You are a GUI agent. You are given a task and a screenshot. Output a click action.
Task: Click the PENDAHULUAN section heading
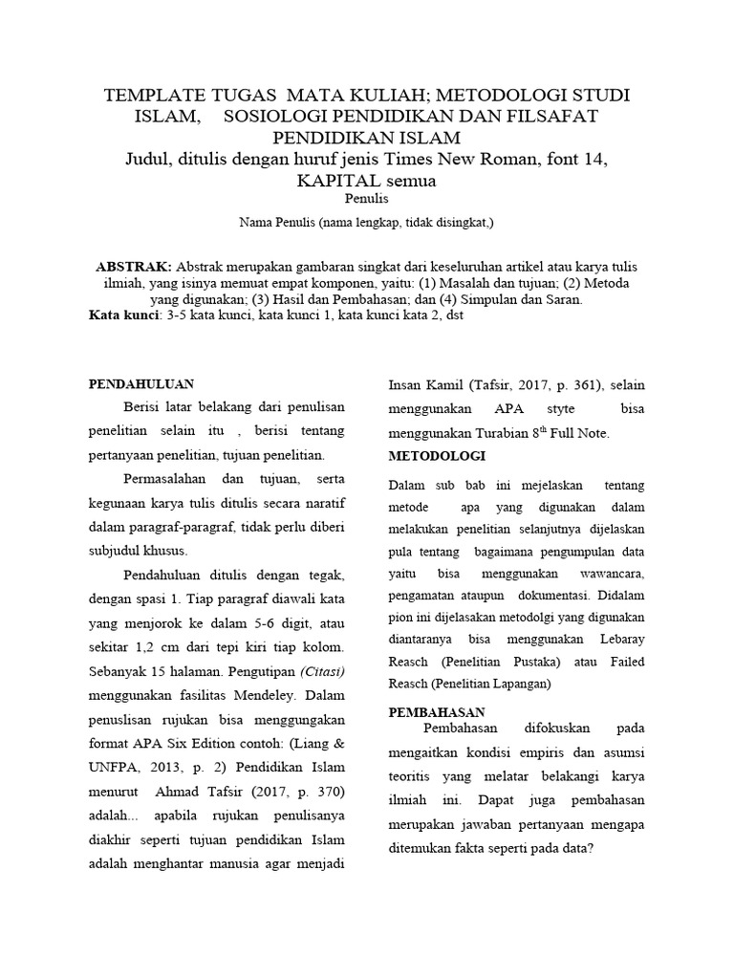(141, 383)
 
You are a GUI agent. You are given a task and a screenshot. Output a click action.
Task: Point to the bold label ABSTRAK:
(135, 265)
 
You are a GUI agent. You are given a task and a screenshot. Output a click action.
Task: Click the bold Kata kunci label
(123, 315)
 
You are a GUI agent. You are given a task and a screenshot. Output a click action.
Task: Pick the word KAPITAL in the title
(345, 180)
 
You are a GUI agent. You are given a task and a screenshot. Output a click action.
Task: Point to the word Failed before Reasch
(624, 663)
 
